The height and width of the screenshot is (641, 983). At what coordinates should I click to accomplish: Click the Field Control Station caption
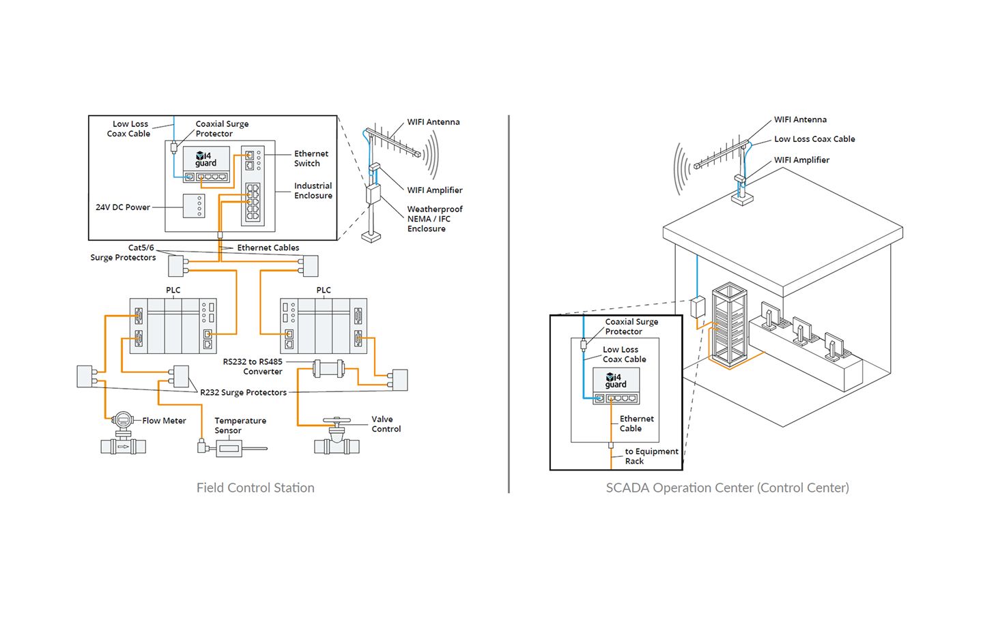(255, 488)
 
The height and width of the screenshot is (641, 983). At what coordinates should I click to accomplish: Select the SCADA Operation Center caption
(727, 488)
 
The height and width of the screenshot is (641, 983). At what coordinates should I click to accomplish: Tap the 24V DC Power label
(123, 207)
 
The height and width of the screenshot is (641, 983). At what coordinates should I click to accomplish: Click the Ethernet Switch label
(311, 159)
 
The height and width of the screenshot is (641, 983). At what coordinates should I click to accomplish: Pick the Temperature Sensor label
(240, 426)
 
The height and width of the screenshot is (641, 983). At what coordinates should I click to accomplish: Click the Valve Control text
(386, 424)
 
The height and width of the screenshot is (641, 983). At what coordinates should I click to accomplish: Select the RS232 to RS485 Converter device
(327, 369)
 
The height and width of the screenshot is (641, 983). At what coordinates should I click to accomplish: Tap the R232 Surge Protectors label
(243, 393)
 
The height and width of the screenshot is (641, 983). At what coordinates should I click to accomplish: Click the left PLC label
(173, 290)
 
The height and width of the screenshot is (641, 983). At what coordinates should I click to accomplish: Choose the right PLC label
(324, 290)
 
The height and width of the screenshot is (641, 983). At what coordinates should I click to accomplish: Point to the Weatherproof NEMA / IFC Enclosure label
(434, 219)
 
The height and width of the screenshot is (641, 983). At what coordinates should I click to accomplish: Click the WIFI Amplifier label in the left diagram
(435, 190)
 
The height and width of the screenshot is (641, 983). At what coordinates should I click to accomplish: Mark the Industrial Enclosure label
(313, 191)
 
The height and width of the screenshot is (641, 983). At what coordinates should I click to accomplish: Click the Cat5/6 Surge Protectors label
(124, 253)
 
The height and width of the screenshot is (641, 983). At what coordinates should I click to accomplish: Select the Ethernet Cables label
(268, 248)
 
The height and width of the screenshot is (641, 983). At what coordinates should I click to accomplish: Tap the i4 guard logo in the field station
(206, 159)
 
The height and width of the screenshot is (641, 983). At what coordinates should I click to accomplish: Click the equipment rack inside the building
(729, 324)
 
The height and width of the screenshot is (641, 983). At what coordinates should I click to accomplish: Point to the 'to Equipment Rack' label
(651, 456)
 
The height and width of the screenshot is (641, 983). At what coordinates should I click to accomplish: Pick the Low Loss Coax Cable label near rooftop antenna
(814, 139)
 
